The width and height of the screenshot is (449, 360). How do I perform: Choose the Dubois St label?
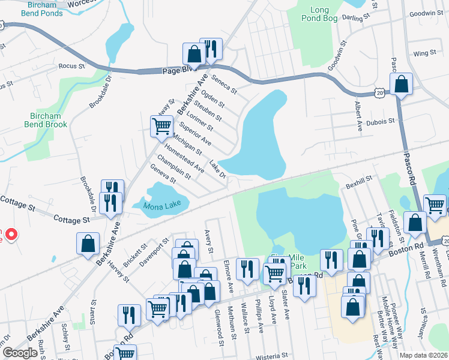pos(381,121)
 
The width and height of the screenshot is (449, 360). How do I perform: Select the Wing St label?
pos(424,53)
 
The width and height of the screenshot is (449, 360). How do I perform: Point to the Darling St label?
pos(352,19)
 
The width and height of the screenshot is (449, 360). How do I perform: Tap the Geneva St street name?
pos(163,176)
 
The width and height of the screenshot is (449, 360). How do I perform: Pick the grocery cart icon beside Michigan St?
pos(161,127)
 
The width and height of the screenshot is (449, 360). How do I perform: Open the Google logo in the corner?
pos(20,353)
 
